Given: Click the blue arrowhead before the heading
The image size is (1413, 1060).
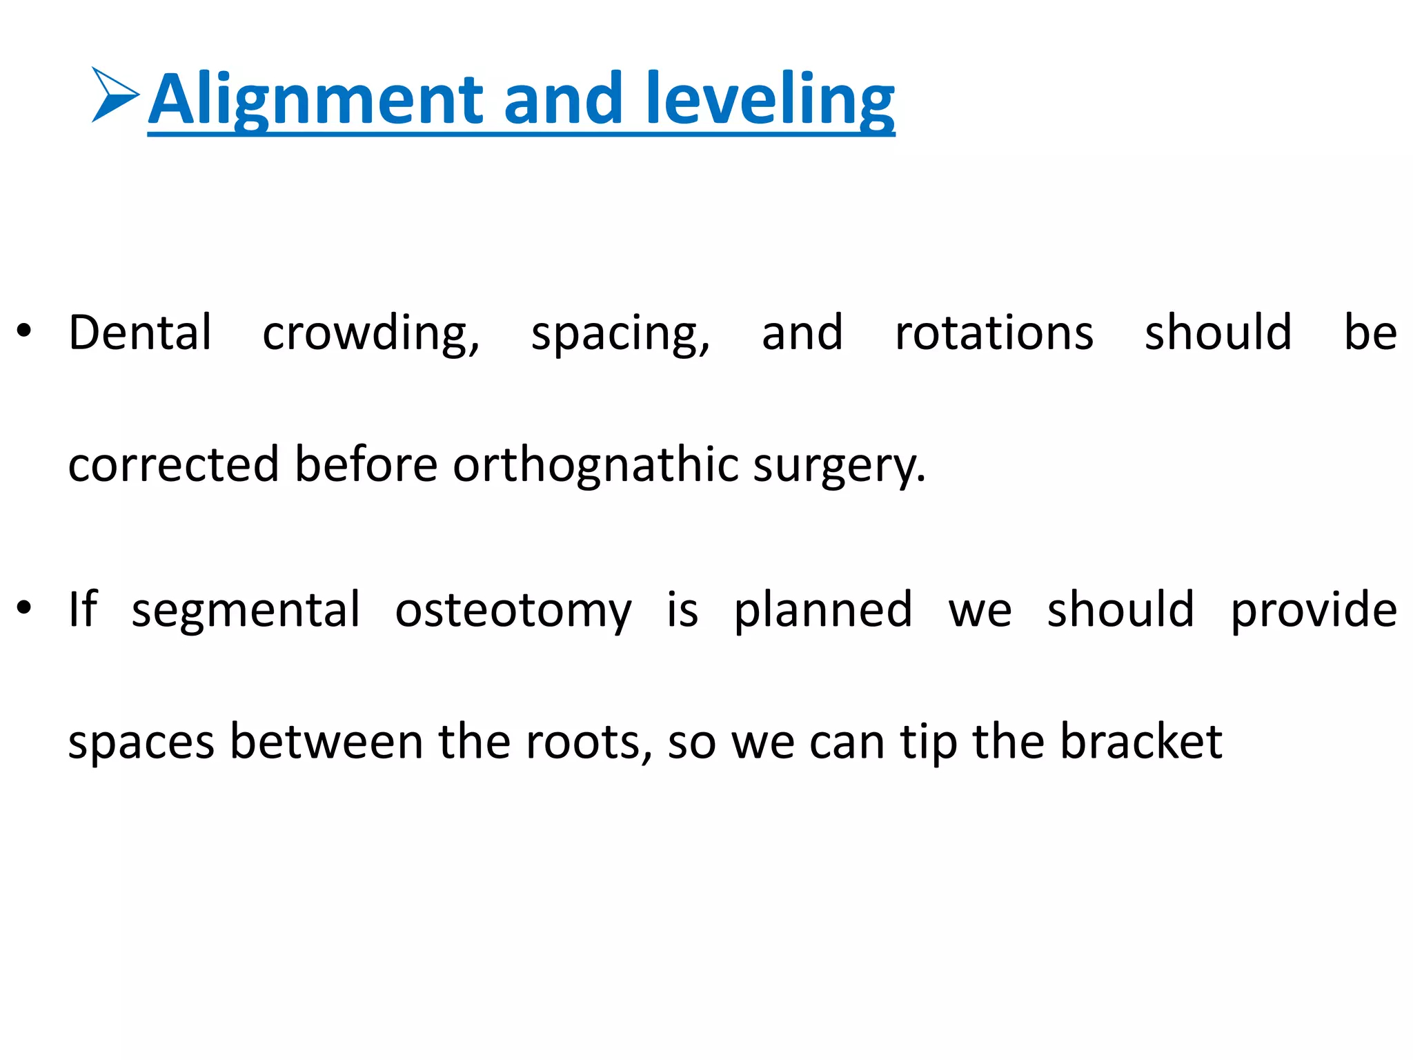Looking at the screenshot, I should pos(114,95).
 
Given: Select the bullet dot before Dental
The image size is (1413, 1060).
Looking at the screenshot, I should pos(24,332).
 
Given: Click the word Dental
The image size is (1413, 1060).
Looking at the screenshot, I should pos(140,333).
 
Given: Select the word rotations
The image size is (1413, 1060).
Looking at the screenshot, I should pos(994,333).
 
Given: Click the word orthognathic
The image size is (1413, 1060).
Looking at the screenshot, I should pos(596,464).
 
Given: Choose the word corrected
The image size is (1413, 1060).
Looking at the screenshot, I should pos(173,464).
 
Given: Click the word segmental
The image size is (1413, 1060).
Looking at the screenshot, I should pos(246,610).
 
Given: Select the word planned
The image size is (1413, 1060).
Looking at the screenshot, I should pos(822,610).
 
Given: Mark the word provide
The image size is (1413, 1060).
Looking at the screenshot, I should pos(1314,610).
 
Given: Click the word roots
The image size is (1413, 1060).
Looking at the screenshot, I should pos(588,743).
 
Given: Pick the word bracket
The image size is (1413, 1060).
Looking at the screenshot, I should pos(1140,741).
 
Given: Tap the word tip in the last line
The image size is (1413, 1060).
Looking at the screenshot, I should pos(929,743).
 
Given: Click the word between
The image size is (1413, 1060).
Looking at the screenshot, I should pos(326,741).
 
